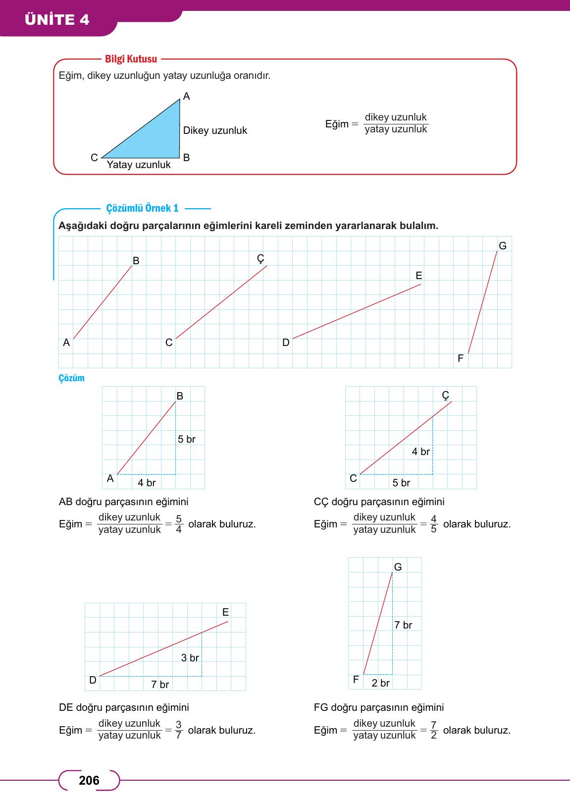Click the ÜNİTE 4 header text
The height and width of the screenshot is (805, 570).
(x=57, y=20)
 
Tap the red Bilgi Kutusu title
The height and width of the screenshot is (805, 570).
(x=131, y=59)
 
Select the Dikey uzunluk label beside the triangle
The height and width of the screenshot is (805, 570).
(x=215, y=131)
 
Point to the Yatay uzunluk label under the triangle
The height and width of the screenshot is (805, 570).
(x=139, y=165)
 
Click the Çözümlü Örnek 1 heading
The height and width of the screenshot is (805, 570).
(x=142, y=209)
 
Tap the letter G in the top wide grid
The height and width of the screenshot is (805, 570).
(x=503, y=246)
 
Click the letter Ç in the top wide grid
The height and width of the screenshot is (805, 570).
(x=261, y=258)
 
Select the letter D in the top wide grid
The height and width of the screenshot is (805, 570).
(x=286, y=343)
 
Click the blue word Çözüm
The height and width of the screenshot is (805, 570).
(x=72, y=378)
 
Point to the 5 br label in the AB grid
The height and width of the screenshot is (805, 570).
(x=187, y=439)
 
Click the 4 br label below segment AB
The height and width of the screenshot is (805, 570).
(x=147, y=483)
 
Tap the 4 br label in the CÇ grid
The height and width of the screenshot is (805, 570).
(x=421, y=452)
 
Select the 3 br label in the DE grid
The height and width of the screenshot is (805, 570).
(x=190, y=658)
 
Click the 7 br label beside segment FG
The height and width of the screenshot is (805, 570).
(x=403, y=625)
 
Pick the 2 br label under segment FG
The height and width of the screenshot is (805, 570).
(x=380, y=683)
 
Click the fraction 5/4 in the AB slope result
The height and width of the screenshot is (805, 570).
(x=179, y=524)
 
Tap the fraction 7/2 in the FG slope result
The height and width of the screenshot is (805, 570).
(x=434, y=730)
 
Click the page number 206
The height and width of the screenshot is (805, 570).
(x=89, y=781)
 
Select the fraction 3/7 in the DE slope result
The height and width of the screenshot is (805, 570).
(x=179, y=730)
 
